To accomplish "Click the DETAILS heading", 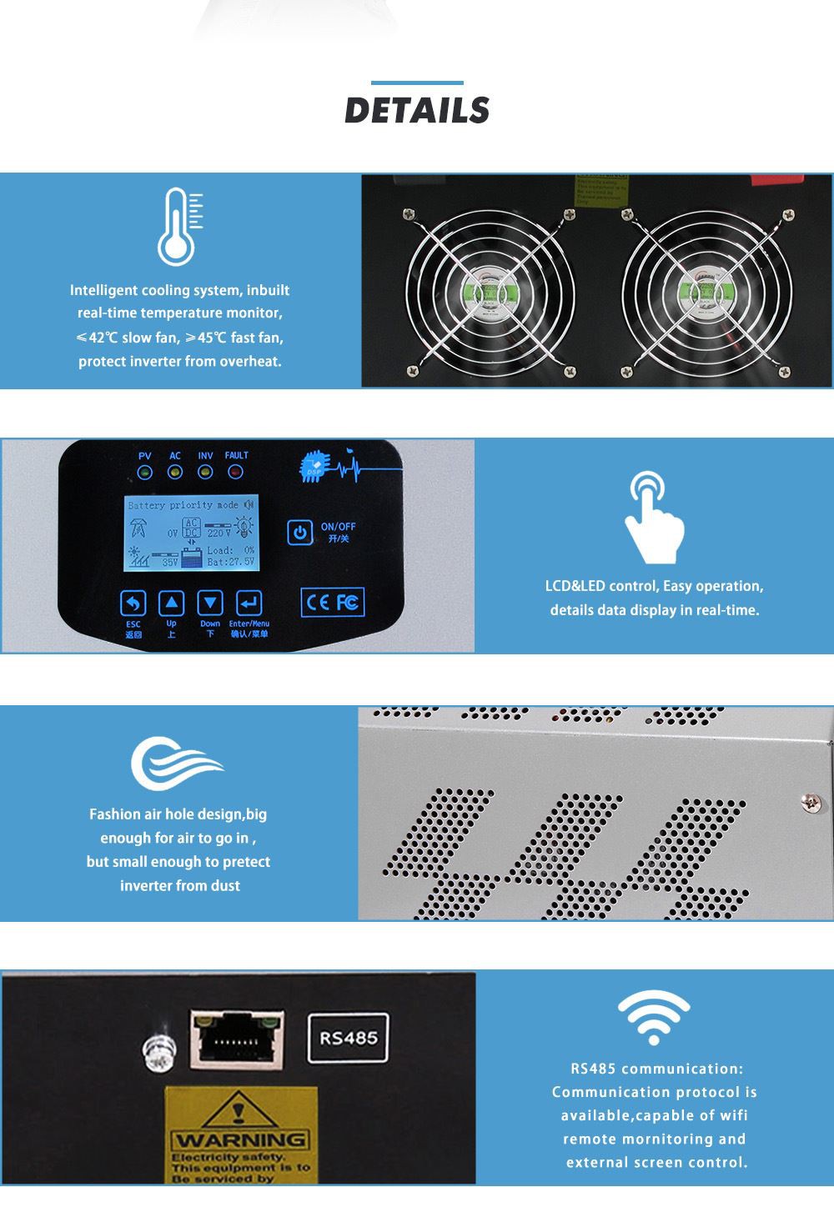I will click(x=417, y=111).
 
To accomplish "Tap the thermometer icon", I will click(x=178, y=227).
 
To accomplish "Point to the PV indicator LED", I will click(x=145, y=473).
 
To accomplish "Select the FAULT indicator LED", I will click(x=235, y=473).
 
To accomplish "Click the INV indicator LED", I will click(x=205, y=473).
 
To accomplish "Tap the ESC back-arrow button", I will click(x=133, y=603).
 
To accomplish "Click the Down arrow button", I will click(x=210, y=603).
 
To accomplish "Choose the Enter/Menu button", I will click(x=249, y=603).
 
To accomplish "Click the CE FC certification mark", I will click(x=332, y=602).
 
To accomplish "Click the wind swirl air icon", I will click(x=176, y=762).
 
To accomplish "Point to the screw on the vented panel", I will click(x=808, y=803).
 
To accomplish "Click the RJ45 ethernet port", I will click(x=237, y=1038).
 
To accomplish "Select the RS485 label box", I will click(x=349, y=1039).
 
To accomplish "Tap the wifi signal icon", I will click(x=653, y=1018).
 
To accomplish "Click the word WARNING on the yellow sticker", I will click(x=240, y=1139).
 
